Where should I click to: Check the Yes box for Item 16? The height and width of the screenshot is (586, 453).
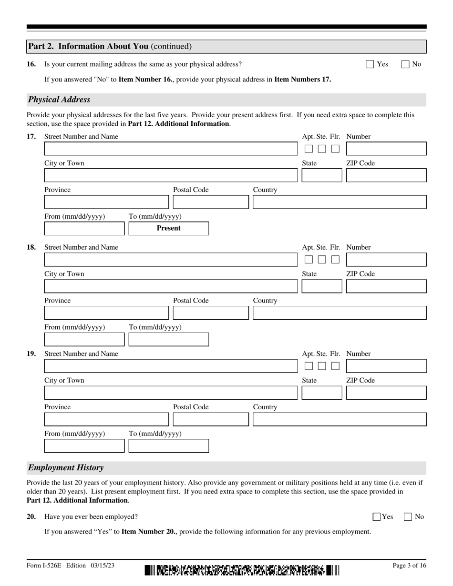(370, 64)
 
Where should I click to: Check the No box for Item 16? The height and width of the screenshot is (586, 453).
(405, 64)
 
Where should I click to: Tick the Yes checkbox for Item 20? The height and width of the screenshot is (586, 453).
(377, 517)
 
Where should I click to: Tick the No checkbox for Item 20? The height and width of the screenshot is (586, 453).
(408, 517)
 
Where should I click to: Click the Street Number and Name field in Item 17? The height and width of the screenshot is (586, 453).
(170, 149)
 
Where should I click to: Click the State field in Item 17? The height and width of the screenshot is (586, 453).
(322, 175)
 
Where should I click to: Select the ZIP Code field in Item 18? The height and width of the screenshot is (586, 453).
(386, 286)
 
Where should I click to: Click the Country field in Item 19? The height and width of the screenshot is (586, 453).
(339, 419)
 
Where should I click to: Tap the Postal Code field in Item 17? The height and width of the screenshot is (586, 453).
(210, 202)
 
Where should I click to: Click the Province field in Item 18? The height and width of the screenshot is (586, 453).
(106, 313)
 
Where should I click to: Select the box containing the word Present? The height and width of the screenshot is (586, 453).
(168, 229)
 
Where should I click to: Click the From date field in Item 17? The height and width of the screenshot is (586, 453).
(84, 229)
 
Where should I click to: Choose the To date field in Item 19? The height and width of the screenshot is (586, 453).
(168, 446)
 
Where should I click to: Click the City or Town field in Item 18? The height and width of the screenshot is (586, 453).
(170, 286)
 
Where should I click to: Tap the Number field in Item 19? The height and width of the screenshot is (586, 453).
(386, 366)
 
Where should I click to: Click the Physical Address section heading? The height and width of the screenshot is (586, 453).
(59, 100)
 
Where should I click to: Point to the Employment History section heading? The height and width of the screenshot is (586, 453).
(66, 467)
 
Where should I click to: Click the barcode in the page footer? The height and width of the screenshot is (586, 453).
(242, 570)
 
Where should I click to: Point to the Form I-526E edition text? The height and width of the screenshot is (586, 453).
(71, 566)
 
